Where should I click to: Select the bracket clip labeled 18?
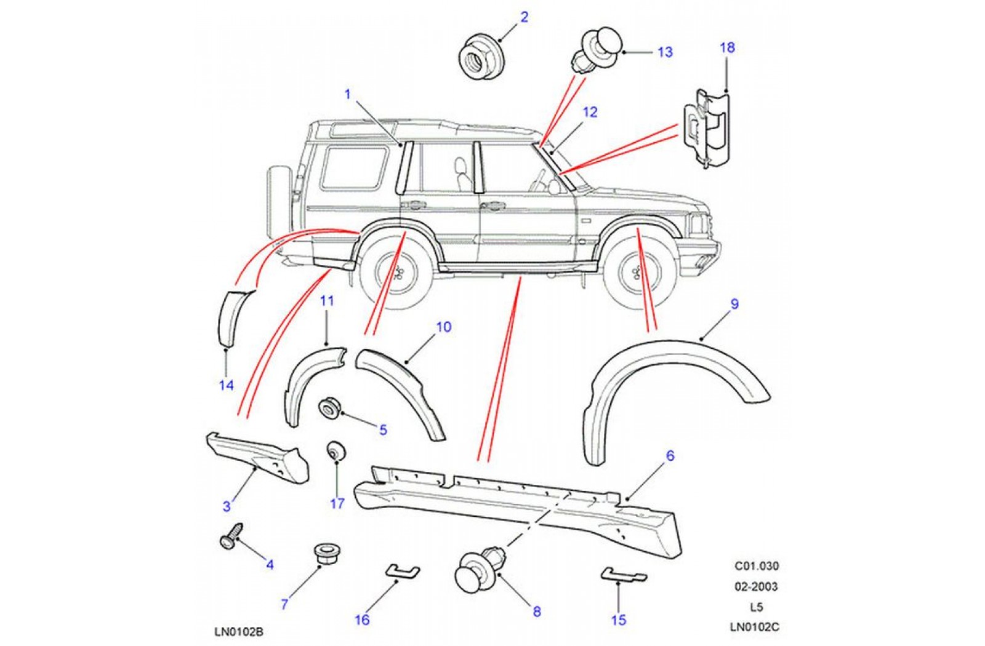(707, 127)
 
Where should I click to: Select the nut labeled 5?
(329, 407)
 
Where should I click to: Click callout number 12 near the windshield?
(590, 112)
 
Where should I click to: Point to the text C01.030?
(756, 566)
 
